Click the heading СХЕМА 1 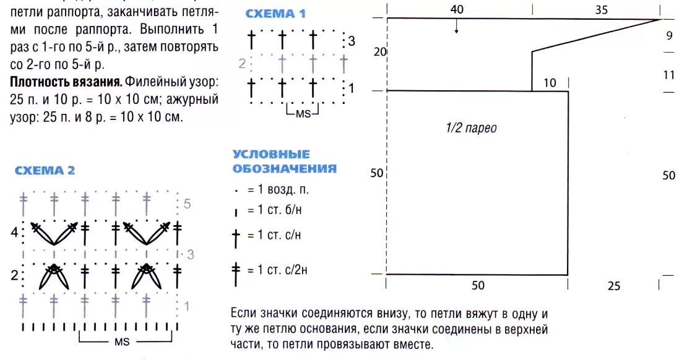click(275, 14)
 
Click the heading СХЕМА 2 click(45, 171)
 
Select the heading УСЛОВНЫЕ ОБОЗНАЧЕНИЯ click(284, 161)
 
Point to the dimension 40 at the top click(457, 9)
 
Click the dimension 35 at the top click(601, 9)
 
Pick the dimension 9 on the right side click(669, 35)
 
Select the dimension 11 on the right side click(668, 75)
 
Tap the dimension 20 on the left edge click(379, 53)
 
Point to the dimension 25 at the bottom click(613, 286)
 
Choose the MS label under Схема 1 click(303, 113)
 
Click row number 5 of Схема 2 click(188, 204)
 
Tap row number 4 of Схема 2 click(14, 233)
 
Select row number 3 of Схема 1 click(352, 41)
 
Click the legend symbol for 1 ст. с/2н click(236, 271)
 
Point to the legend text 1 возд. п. click(274, 190)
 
